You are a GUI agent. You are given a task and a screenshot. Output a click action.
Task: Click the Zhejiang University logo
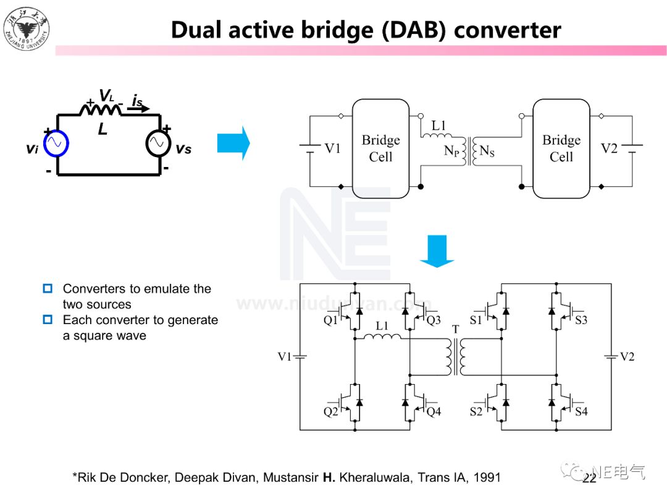coord(26,27)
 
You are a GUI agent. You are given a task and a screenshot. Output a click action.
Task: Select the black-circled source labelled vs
coord(159,143)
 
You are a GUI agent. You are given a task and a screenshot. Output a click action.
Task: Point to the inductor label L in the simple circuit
coord(103,130)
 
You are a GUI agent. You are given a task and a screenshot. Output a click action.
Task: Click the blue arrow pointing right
coord(233,143)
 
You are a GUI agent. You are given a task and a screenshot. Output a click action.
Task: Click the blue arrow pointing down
coord(437,251)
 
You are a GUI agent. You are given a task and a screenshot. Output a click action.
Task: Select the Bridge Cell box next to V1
coord(380,148)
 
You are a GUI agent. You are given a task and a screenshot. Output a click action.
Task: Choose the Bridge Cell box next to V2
coord(561,148)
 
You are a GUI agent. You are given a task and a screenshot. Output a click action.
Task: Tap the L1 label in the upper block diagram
coord(438,126)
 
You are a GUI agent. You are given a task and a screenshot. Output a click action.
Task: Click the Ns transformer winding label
coord(487,150)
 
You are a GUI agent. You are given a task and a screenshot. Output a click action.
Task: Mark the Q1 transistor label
coord(331,320)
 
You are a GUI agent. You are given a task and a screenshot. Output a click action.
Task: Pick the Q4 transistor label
coord(434,411)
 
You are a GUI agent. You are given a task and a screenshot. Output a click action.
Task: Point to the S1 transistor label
coord(476,320)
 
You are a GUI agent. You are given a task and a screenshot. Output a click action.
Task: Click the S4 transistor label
coord(581,411)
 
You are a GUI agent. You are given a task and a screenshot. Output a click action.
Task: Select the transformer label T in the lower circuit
coord(456,330)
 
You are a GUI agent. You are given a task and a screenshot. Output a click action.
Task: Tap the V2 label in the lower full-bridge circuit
coord(627,357)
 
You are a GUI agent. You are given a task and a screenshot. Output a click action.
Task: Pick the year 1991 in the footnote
coord(487,477)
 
